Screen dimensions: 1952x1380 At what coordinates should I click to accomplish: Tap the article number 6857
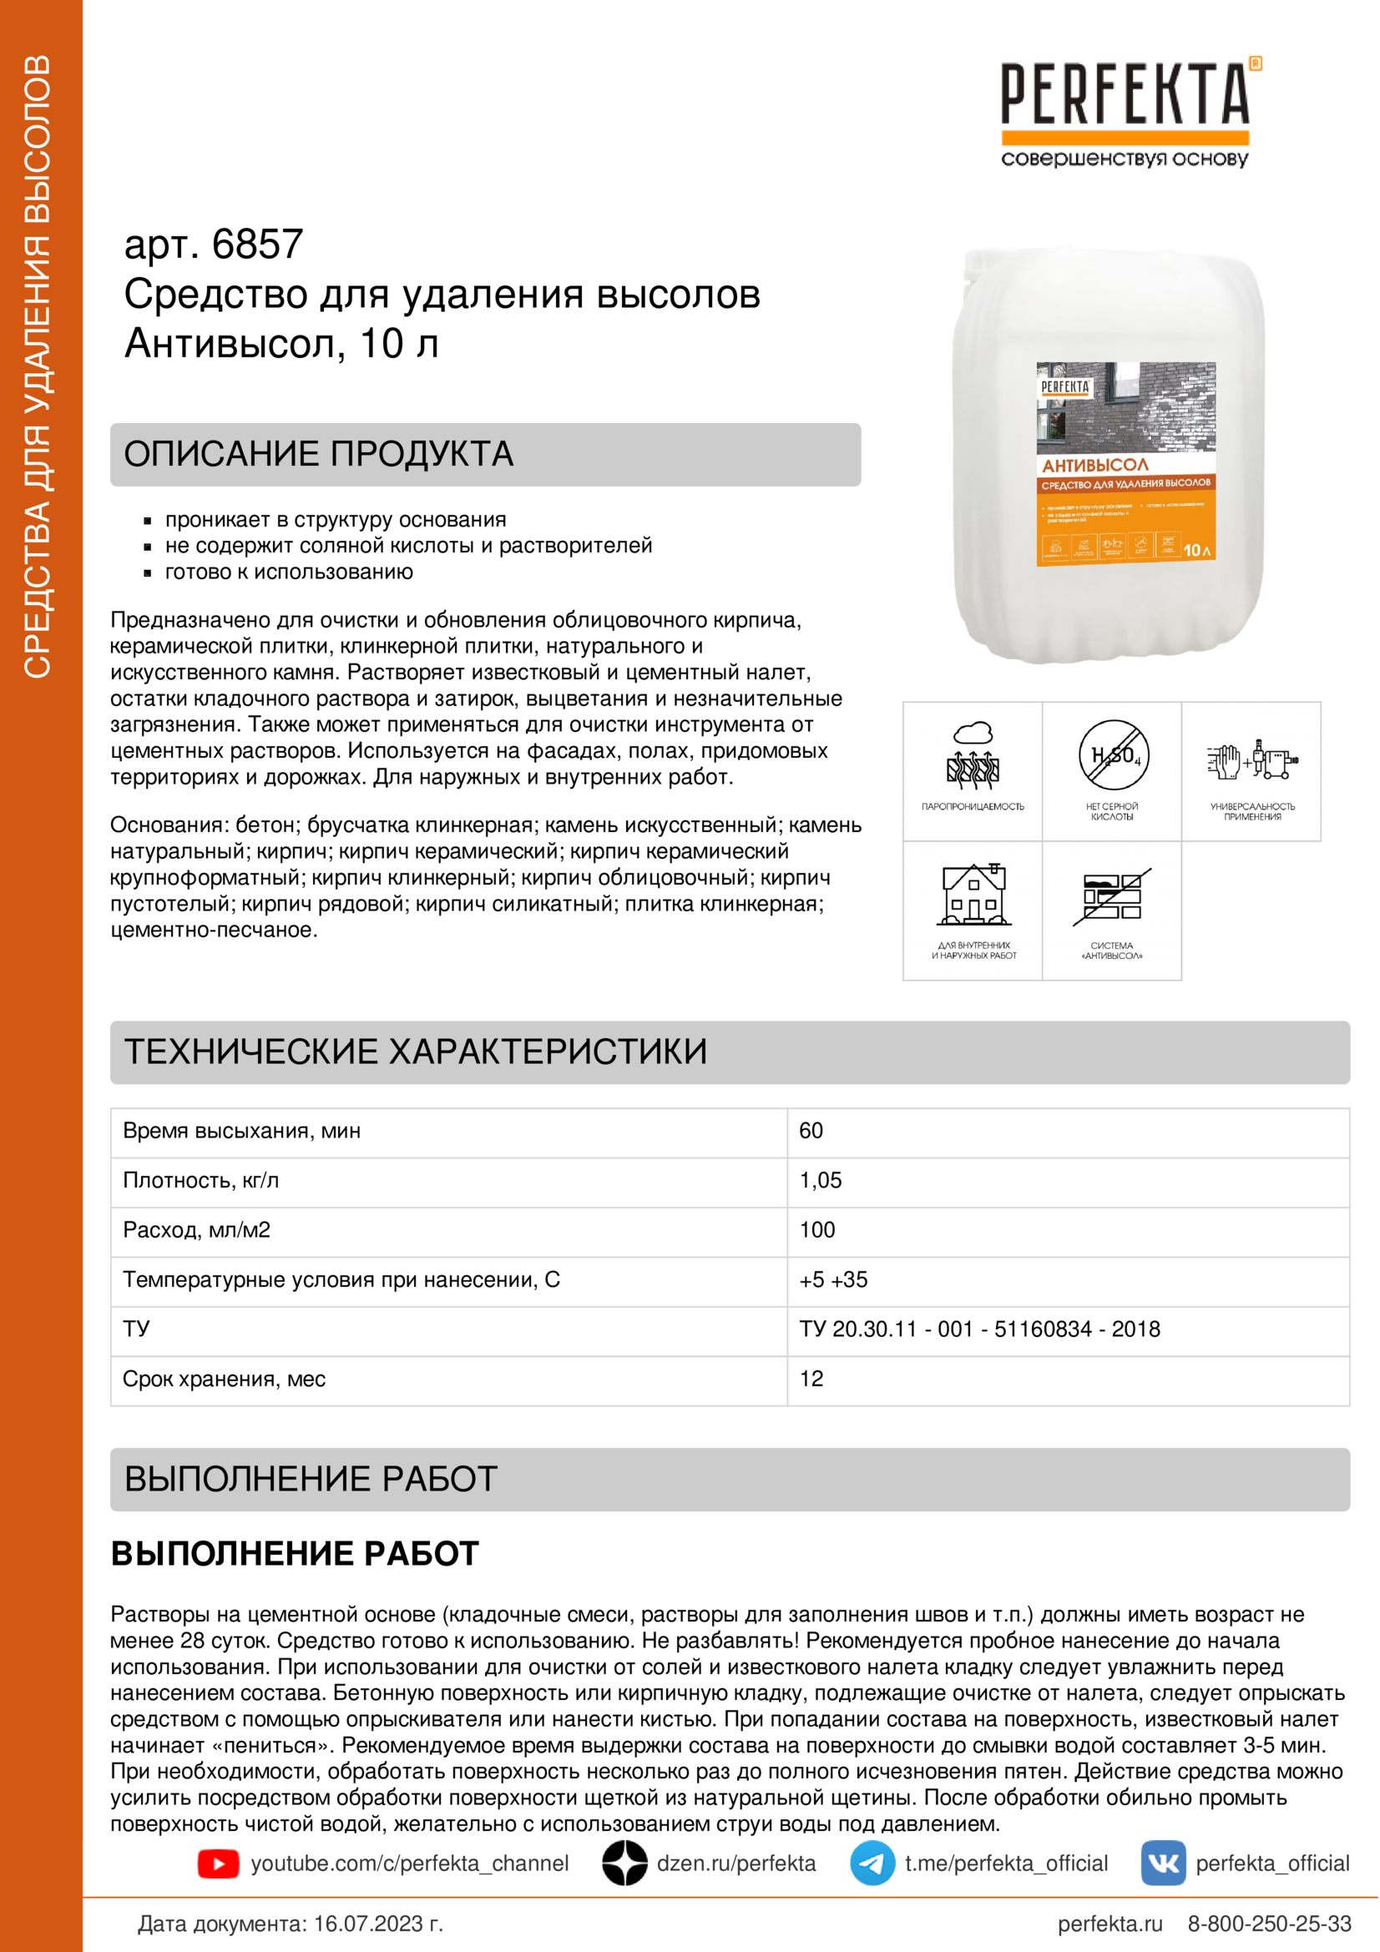point(257,245)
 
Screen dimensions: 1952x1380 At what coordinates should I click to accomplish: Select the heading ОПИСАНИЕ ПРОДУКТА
point(319,454)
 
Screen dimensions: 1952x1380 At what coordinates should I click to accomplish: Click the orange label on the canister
point(1125,510)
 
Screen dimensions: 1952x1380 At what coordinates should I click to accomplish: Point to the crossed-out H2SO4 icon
point(1113,755)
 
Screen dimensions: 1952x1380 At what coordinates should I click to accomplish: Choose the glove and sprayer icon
point(1251,759)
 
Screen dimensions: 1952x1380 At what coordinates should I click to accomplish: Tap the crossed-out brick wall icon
point(1112,897)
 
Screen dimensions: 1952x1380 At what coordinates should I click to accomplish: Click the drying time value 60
point(811,1131)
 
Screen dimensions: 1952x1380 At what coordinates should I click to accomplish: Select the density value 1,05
point(821,1180)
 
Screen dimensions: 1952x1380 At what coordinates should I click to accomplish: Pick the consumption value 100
point(817,1229)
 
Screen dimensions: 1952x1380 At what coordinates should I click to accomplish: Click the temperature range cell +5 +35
point(833,1279)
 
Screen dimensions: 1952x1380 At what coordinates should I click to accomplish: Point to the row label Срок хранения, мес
point(224,1379)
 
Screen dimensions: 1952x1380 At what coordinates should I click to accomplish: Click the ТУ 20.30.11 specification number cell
point(979,1329)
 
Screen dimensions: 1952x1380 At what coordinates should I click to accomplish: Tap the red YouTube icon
point(219,1864)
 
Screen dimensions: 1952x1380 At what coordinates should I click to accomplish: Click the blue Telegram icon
point(872,1864)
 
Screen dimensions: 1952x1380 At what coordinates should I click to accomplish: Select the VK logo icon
point(1163,1864)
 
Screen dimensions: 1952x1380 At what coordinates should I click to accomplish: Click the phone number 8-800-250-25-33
point(1269,1924)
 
